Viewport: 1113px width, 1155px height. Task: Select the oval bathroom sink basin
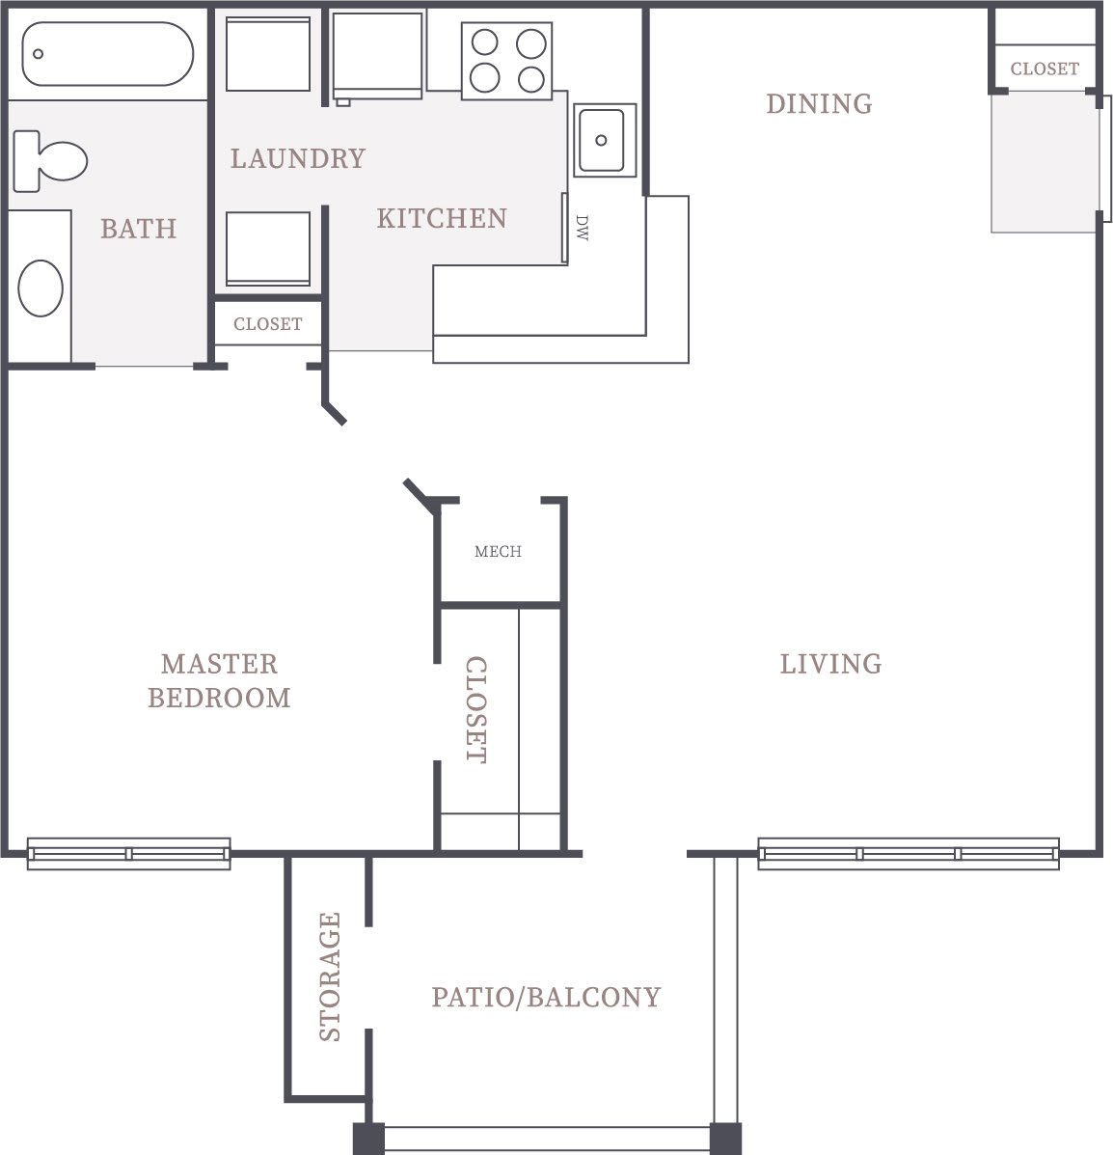point(41,288)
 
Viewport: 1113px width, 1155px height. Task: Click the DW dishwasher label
point(582,228)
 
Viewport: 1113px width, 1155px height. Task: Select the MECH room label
point(498,552)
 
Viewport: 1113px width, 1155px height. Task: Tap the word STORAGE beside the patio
point(330,976)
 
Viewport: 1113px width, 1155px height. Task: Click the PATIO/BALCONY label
point(546,997)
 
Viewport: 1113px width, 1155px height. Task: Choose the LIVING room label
point(830,664)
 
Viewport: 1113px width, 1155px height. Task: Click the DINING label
point(819,103)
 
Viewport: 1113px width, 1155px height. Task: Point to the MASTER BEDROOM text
point(219,680)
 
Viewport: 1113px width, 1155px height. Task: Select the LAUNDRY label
point(298,158)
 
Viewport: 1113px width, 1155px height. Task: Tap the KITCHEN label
point(442,218)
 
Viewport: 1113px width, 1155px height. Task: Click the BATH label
point(139,229)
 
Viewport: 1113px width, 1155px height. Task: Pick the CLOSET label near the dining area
point(1045,69)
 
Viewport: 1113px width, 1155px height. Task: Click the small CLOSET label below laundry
point(267,324)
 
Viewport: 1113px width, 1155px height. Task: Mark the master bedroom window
point(128,854)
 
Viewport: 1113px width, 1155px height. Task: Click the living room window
point(908,854)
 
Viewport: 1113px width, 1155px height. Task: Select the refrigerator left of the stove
point(377,55)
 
